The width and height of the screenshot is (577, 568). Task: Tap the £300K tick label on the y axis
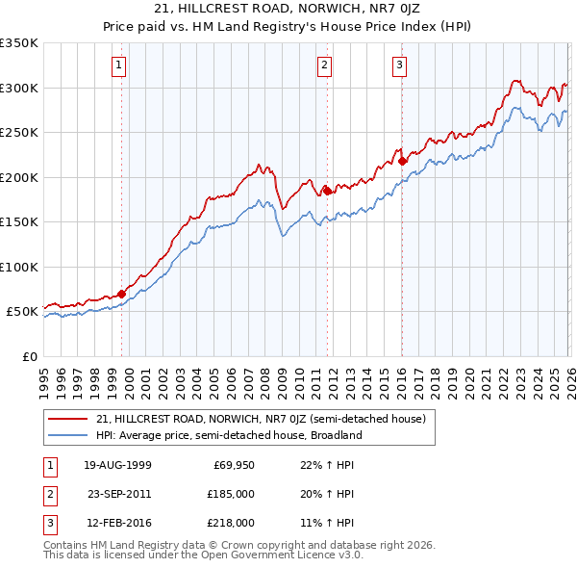[x=19, y=88]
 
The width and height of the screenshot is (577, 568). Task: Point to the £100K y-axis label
[x=19, y=267]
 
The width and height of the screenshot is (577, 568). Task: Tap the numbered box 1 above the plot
[x=118, y=65]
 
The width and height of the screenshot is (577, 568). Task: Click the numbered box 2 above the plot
[x=324, y=65]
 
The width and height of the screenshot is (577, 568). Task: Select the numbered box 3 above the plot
[x=398, y=65]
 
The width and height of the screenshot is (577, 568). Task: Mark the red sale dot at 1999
[x=122, y=294]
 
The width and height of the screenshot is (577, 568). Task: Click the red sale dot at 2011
[x=327, y=191]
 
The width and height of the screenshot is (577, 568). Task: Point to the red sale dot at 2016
[x=402, y=161]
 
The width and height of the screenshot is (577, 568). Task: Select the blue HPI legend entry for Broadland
[x=228, y=434]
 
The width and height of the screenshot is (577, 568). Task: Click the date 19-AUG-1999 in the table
[x=117, y=465]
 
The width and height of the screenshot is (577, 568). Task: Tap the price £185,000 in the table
[x=231, y=494]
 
